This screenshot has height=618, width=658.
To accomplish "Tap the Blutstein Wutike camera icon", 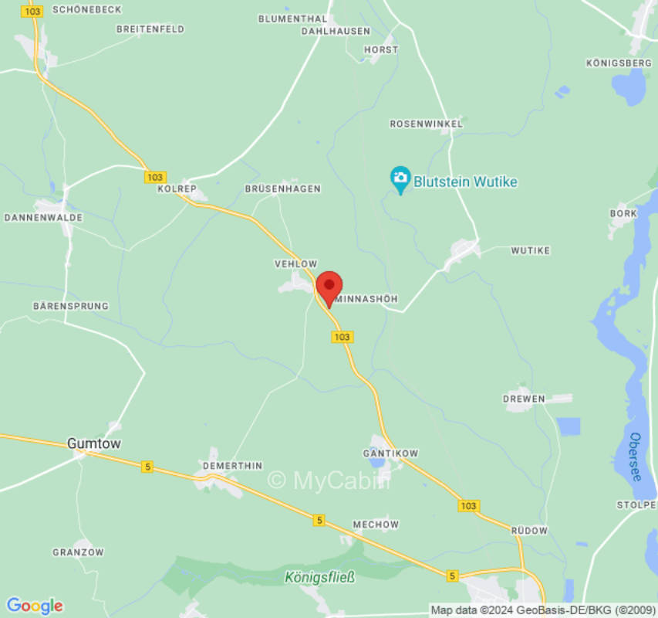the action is [x=400, y=179].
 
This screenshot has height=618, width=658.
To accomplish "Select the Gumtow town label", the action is [x=93, y=443].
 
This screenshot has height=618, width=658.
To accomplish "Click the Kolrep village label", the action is [x=177, y=188].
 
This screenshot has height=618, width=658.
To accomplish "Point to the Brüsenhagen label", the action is [x=282, y=188].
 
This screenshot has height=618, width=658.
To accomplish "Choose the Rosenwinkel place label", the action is [x=426, y=124].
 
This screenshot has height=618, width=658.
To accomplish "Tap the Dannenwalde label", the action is [x=43, y=218].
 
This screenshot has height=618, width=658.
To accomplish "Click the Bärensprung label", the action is [x=70, y=307].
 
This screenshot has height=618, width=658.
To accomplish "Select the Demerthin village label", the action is [x=232, y=466].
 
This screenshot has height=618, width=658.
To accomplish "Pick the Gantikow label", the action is [x=390, y=453].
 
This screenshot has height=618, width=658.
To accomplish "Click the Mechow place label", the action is [x=376, y=525].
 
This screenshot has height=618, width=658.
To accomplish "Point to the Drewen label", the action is [x=524, y=399].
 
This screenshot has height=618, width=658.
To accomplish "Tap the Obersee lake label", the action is [x=635, y=457].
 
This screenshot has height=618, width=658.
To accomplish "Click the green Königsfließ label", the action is [x=319, y=576].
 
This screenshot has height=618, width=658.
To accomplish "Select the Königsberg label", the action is [x=619, y=63].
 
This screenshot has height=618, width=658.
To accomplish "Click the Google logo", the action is [x=34, y=606].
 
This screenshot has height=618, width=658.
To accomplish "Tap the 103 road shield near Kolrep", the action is [x=155, y=177].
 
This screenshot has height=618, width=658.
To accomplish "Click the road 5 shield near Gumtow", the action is [x=147, y=467].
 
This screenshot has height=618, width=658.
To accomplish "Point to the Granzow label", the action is [x=78, y=552].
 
